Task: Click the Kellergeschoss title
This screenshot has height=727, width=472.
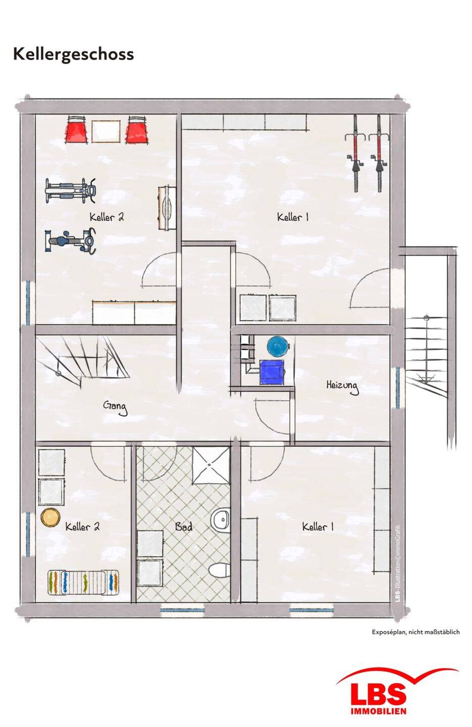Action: pos(73,55)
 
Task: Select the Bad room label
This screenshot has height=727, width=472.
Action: pos(184,527)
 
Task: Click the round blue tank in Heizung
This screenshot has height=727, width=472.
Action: pos(278,346)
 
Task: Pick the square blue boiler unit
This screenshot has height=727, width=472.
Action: pos(272,372)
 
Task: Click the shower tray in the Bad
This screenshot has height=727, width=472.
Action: pos(211,465)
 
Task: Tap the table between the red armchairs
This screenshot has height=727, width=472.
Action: pos(106,131)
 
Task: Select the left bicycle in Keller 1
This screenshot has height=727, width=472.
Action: pos(356,153)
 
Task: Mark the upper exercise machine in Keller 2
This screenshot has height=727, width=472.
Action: pos(71,190)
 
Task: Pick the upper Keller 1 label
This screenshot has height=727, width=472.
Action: pos(292,217)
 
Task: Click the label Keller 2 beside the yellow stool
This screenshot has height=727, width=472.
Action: pos(82,527)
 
